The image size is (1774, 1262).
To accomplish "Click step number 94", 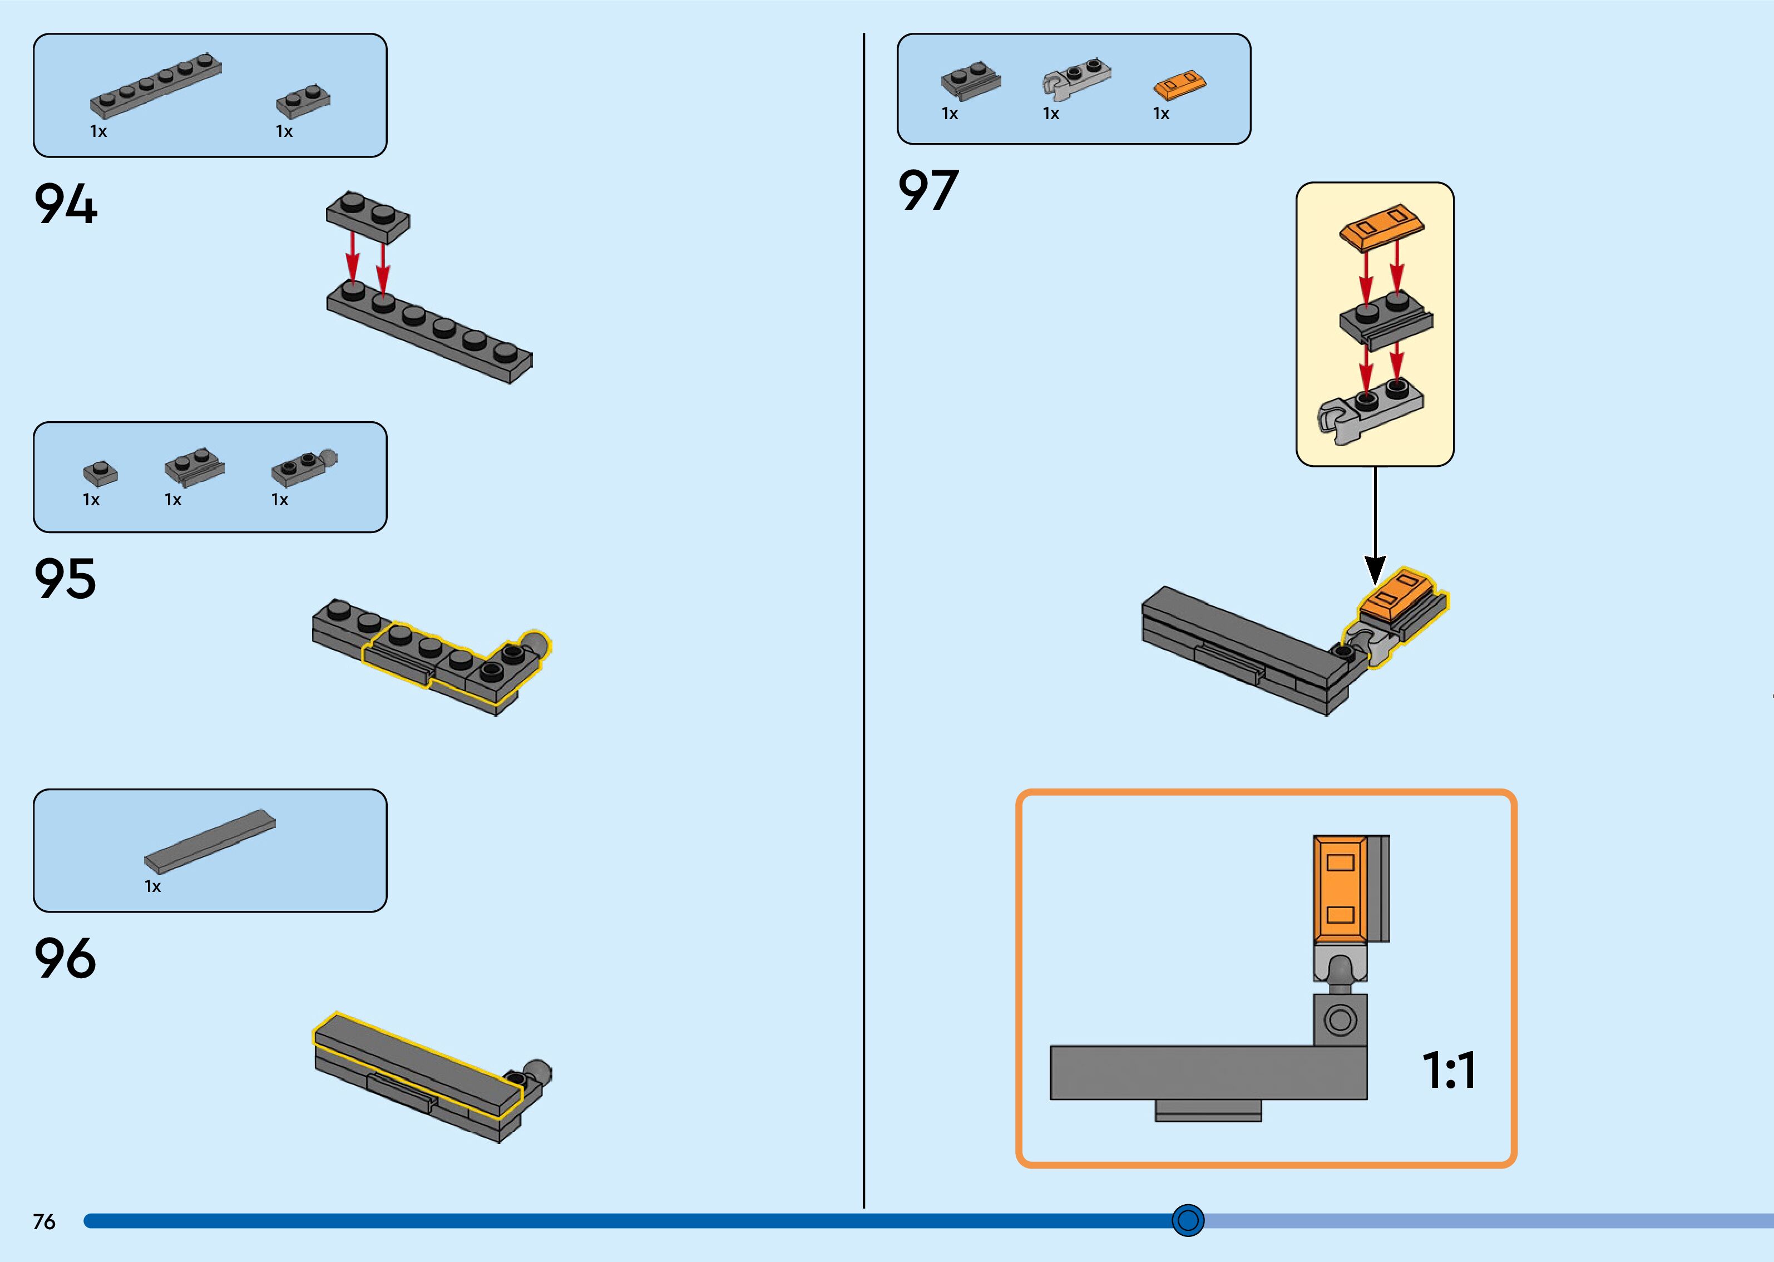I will click(66, 204).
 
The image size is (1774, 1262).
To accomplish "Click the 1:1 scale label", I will click(1448, 1070).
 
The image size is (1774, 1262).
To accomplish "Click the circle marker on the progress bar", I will click(1188, 1220).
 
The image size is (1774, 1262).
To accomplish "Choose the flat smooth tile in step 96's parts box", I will click(210, 841).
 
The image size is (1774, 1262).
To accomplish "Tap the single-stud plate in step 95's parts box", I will click(100, 472).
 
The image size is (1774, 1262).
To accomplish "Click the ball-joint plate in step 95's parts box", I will click(304, 467).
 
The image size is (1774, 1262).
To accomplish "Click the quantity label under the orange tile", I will click(1161, 114).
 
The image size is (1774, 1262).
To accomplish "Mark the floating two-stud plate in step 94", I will click(367, 214).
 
